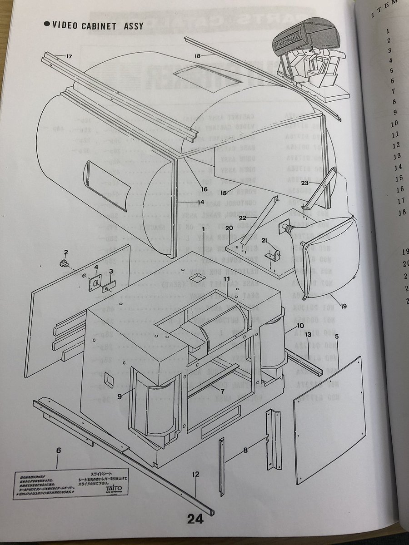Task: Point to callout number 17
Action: click(x=69, y=56)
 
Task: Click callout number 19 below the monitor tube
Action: click(x=344, y=306)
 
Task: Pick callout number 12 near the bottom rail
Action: click(x=196, y=475)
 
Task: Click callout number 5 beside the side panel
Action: click(x=337, y=337)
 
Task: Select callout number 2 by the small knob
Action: click(x=65, y=253)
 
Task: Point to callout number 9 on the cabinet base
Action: click(x=120, y=396)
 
